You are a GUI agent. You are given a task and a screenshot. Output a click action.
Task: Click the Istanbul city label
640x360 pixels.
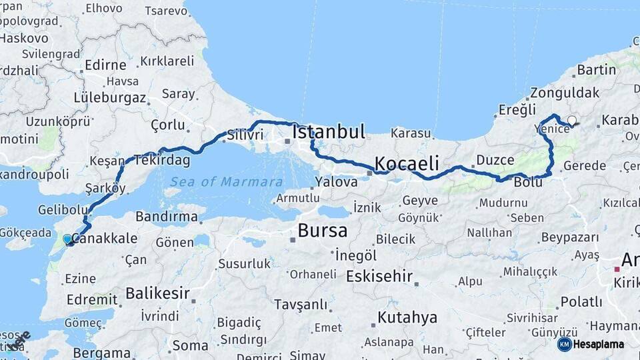pyautogui.click(x=329, y=131)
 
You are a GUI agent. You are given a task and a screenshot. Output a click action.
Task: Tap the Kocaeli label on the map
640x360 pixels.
pyautogui.click(x=407, y=163)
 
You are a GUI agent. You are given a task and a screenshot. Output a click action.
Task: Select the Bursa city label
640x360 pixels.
pyautogui.click(x=323, y=231)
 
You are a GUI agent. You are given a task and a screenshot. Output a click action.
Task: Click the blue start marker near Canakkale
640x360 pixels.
pyautogui.click(x=67, y=239)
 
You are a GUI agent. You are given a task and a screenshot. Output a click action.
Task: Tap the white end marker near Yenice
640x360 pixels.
pyautogui.click(x=571, y=121)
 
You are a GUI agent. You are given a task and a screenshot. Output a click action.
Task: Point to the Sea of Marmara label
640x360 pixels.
pyautogui.click(x=225, y=182)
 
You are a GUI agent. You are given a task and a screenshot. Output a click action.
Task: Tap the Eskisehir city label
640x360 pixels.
pyautogui.click(x=379, y=276)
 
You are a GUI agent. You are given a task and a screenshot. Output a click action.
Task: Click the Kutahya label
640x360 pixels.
pyautogui.click(x=407, y=317)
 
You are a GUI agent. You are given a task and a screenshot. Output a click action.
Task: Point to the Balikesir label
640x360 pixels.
pyautogui.click(x=157, y=293)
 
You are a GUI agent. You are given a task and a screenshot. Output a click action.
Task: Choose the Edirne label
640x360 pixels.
pyautogui.click(x=105, y=65)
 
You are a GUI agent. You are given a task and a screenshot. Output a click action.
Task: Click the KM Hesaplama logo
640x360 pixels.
pyautogui.click(x=591, y=344)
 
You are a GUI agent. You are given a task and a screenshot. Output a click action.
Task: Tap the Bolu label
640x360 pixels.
pyautogui.click(x=527, y=181)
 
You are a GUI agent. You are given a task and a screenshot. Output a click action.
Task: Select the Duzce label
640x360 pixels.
pyautogui.click(x=495, y=160)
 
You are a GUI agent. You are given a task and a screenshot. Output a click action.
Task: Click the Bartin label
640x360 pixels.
pyautogui.click(x=597, y=69)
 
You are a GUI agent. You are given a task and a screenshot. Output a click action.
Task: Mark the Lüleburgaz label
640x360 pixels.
pyautogui.click(x=109, y=97)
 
